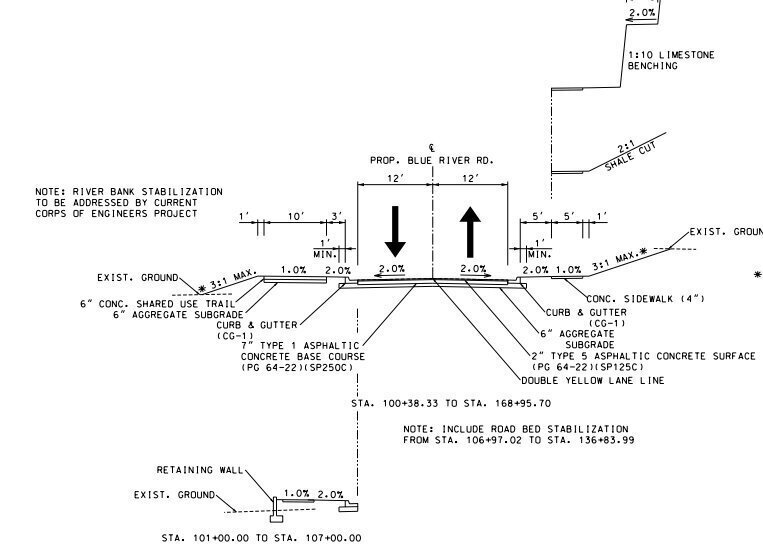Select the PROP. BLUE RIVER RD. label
[x=432, y=160]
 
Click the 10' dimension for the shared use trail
[x=296, y=216]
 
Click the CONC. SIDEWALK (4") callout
[x=645, y=298]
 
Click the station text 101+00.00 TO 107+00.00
[x=261, y=538]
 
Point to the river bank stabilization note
[x=129, y=202]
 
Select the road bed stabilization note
[x=518, y=434]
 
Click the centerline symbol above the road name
[x=432, y=148]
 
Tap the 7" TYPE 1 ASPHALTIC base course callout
[x=303, y=356]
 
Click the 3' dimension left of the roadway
[x=337, y=216]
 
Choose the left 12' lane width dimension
[x=394, y=178]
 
